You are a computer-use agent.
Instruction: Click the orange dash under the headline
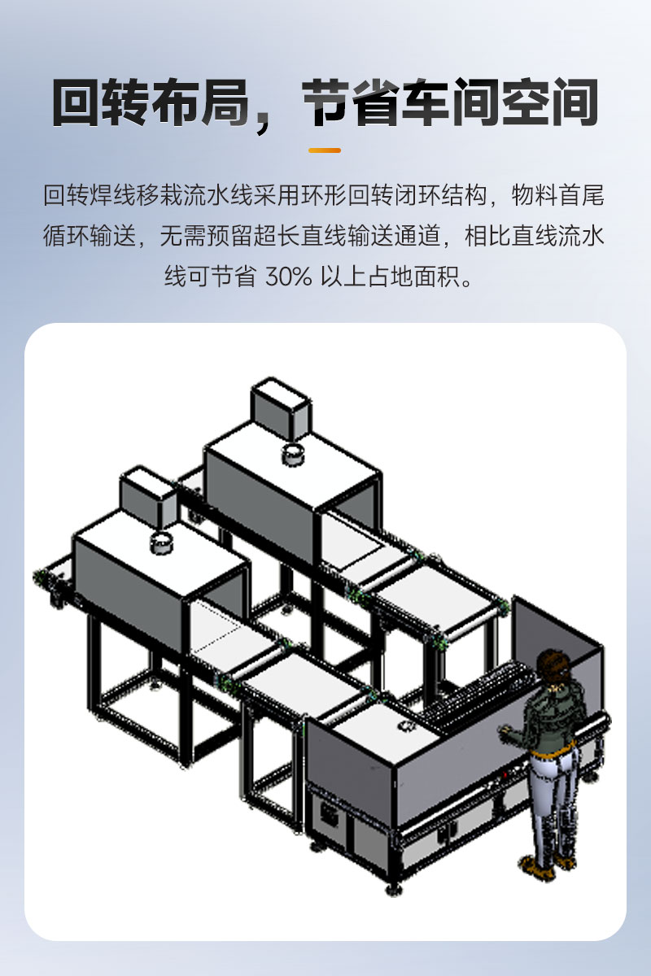tap(325, 150)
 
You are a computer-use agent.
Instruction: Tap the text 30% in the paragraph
tap(289, 277)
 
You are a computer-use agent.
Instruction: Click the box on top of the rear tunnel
tap(282, 408)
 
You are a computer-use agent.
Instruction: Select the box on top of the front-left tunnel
tap(148, 497)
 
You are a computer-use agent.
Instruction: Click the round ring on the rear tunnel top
tap(294, 455)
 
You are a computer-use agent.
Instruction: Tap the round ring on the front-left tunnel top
tap(161, 543)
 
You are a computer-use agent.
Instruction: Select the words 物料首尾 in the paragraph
tap(557, 194)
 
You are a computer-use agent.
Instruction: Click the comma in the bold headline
tap(264, 121)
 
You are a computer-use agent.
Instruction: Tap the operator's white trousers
tap(553, 802)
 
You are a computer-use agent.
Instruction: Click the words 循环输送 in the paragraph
tap(90, 236)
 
